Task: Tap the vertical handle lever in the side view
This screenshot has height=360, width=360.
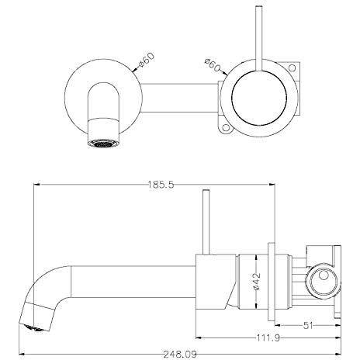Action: click(x=206, y=225)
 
